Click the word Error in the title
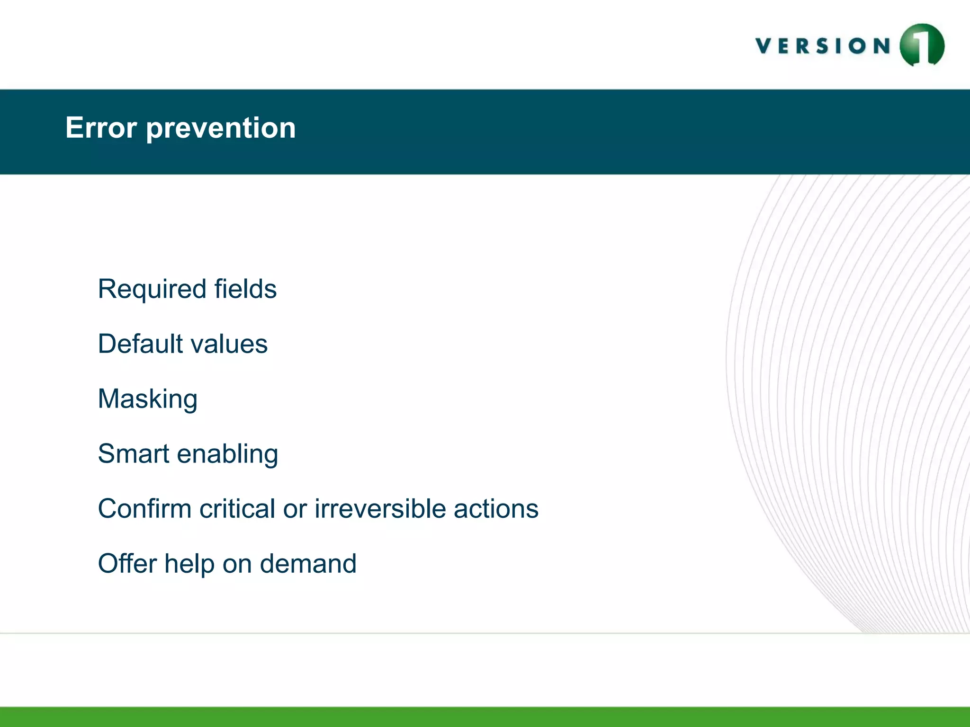pos(101,128)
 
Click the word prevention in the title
pos(221,129)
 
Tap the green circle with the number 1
pos(922,45)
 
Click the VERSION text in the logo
pos(823,46)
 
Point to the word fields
pos(245,289)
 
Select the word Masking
pos(147,399)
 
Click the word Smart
pos(134,453)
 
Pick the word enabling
pos(227,454)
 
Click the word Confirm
pos(144,509)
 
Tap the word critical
pos(237,509)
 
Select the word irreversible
pos(380,509)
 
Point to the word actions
pos(496,509)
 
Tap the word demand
pos(308,563)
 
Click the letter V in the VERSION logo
pos(764,46)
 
